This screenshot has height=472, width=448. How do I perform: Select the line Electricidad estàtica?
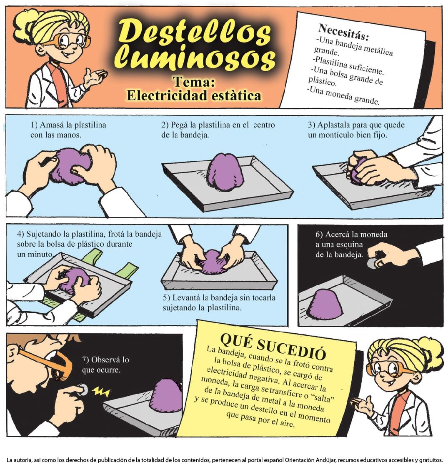(x=194, y=95)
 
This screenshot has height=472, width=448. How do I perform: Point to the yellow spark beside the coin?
(x=101, y=391)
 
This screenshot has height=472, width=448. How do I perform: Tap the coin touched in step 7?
(x=83, y=390)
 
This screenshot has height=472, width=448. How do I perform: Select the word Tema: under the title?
(x=194, y=82)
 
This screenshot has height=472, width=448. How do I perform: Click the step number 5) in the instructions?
(x=167, y=298)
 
